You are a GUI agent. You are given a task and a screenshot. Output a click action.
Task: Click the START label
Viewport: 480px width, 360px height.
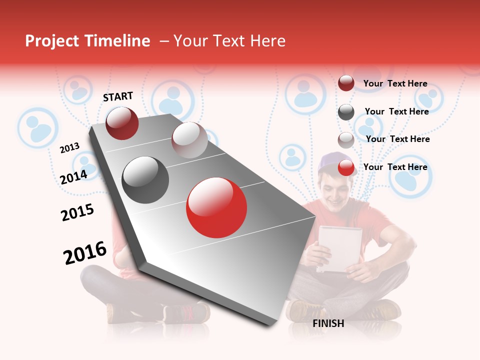coord(118,96)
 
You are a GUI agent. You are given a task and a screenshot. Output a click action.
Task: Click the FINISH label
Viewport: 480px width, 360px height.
coord(328,323)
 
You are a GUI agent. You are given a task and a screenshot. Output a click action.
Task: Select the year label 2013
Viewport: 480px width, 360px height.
coord(69,148)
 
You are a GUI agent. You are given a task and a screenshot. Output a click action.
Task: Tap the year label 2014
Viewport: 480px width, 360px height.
coord(73,177)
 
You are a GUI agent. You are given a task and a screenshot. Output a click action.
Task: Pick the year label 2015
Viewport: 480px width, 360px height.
coord(77,212)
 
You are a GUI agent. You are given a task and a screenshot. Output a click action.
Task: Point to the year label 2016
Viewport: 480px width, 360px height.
coord(85,253)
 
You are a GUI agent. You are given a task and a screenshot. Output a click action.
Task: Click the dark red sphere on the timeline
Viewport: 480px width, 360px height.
coord(122,123)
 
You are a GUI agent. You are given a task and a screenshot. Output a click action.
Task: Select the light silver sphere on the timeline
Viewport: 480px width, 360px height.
coord(189,140)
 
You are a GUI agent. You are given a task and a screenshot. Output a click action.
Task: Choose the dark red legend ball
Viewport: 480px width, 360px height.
coord(346,83)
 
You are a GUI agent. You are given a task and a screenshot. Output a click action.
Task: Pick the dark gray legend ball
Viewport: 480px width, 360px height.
coord(346,112)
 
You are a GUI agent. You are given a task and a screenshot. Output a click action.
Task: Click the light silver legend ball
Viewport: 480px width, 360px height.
coord(346,140)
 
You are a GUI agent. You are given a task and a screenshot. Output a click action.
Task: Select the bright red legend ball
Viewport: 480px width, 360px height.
coord(346,167)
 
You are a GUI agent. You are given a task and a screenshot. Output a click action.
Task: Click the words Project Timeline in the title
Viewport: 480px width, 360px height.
coord(87,41)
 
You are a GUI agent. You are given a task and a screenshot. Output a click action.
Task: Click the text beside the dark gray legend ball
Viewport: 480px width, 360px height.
coord(396,111)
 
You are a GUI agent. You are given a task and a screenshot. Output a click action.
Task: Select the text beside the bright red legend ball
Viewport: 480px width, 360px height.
coord(395,167)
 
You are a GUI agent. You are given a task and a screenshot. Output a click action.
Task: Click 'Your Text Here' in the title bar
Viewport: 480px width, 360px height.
coord(229,41)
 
